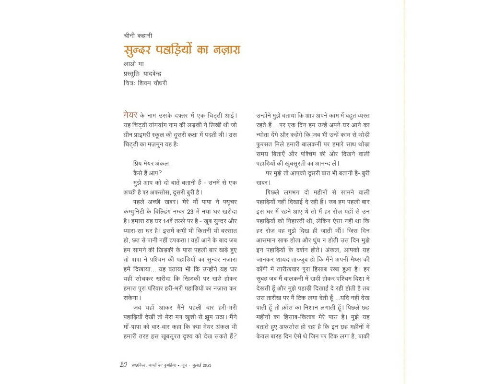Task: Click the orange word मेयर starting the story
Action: click(x=130, y=115)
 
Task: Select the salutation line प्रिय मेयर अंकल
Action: click(x=152, y=163)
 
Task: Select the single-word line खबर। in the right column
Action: click(x=264, y=182)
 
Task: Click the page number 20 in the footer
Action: click(x=123, y=365)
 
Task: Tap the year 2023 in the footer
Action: click(x=207, y=365)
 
